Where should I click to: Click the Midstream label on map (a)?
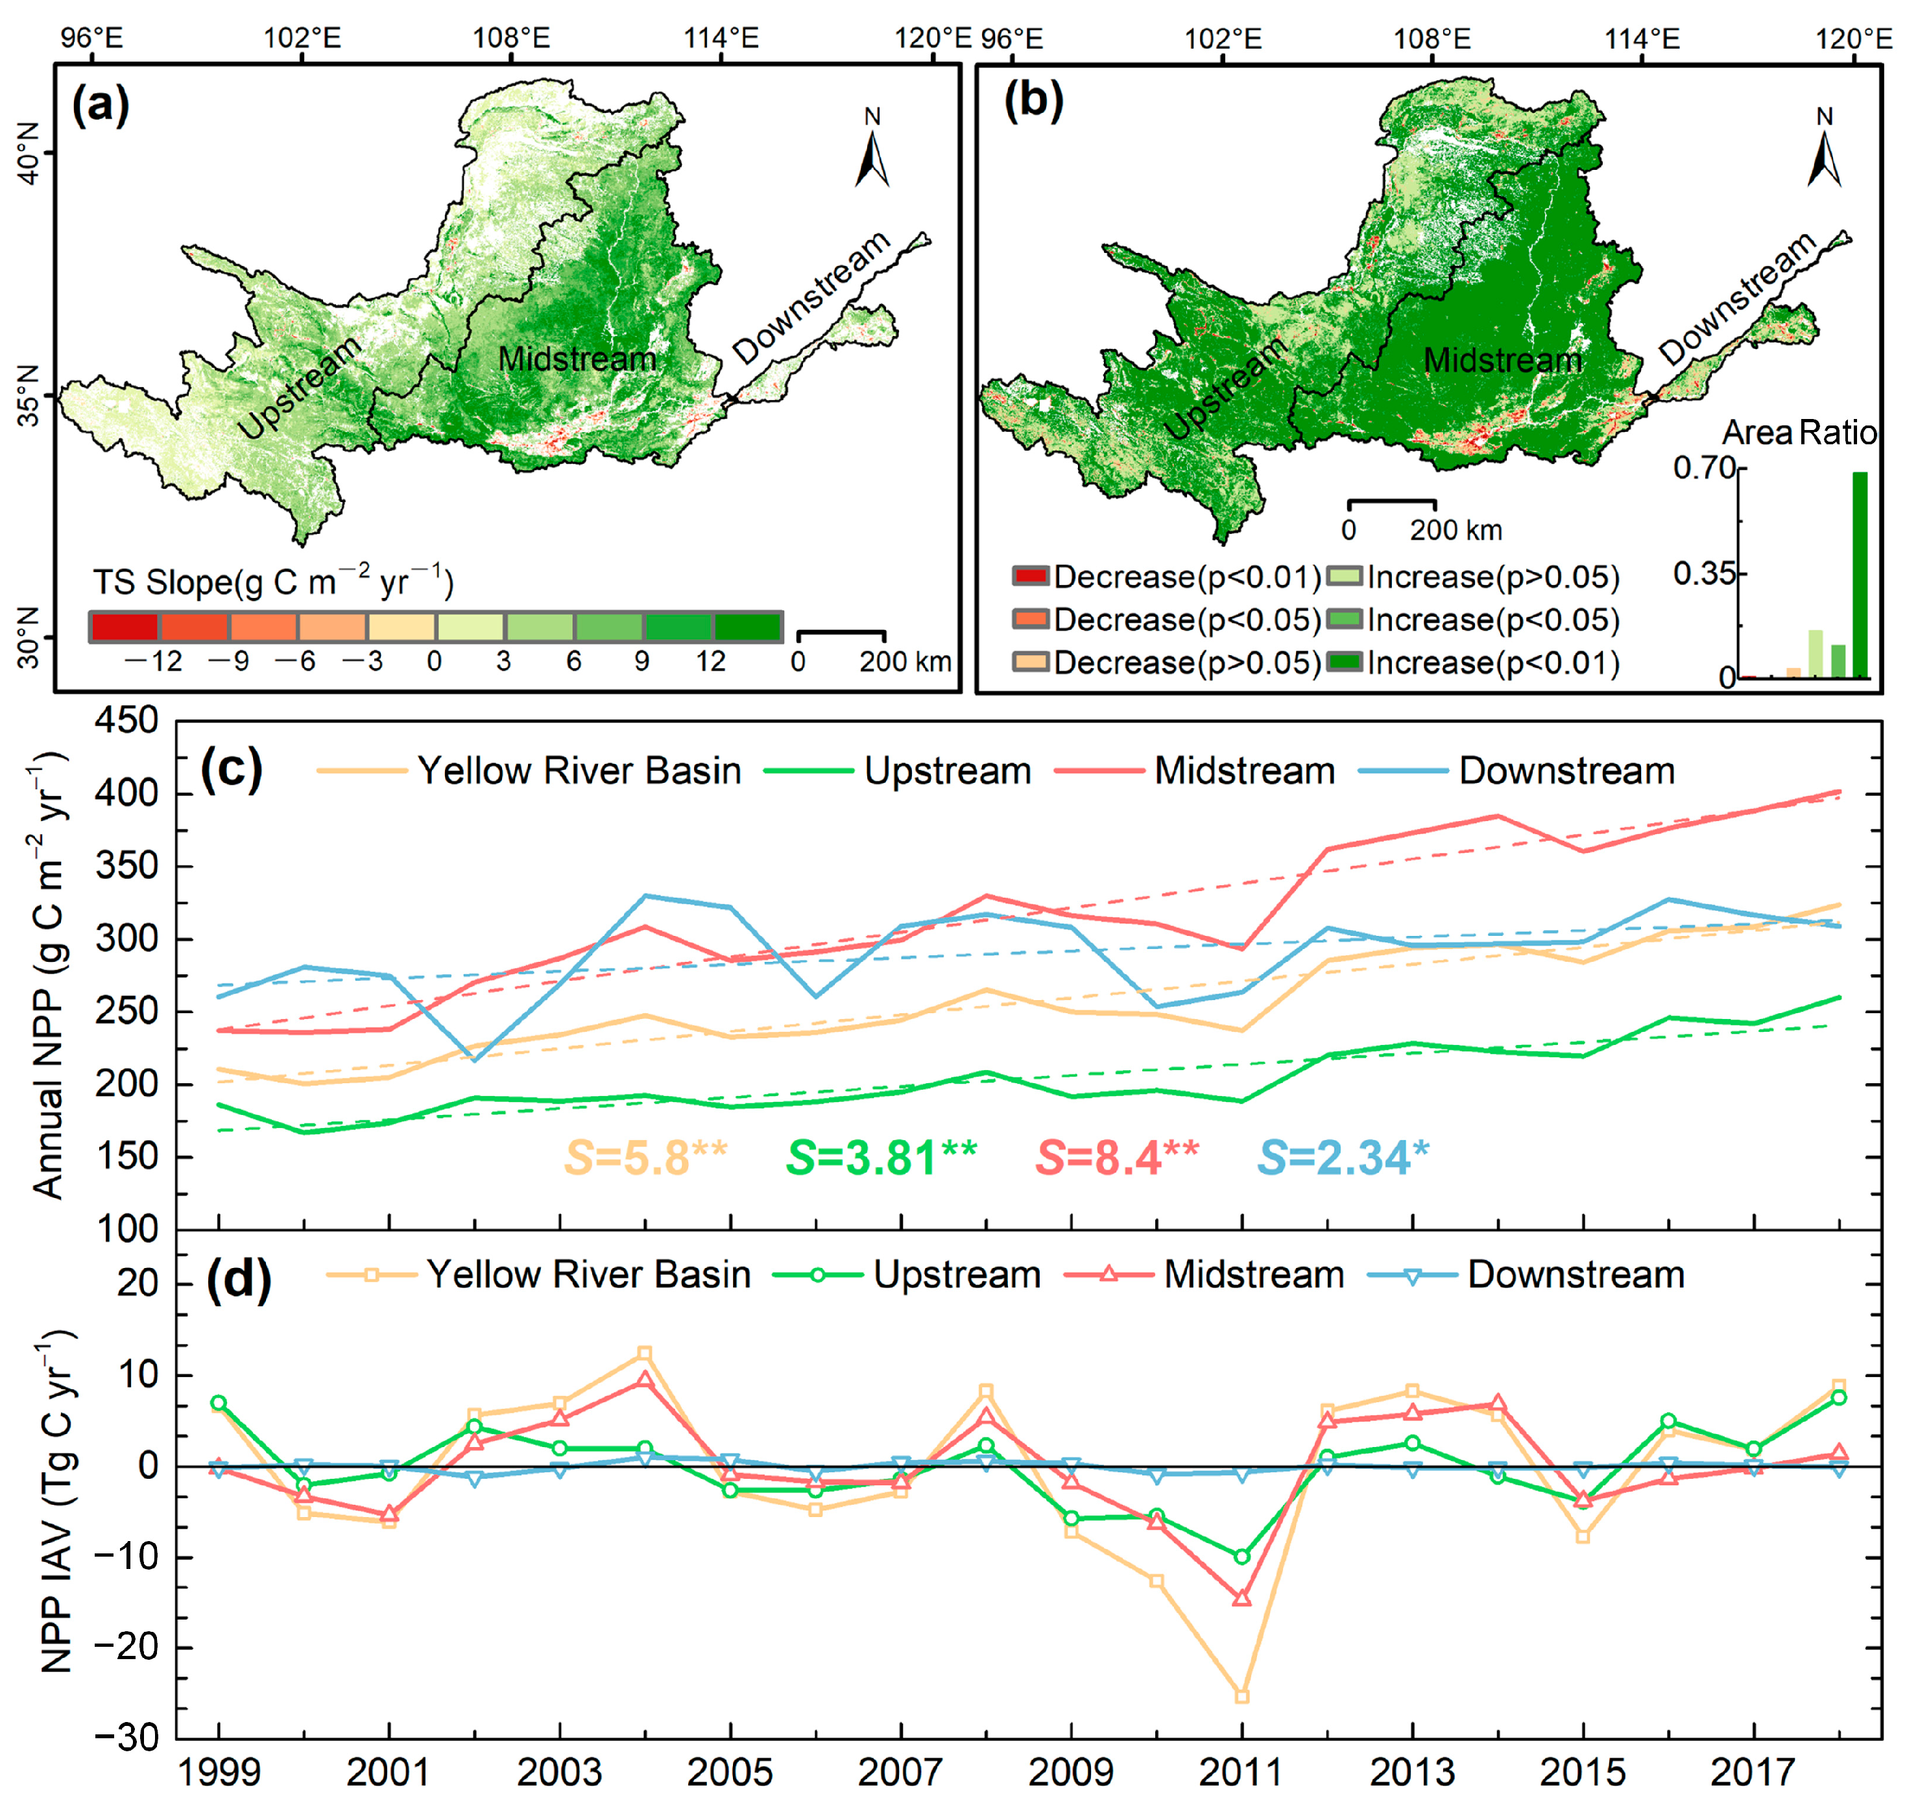(x=576, y=359)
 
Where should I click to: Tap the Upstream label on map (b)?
(x=1225, y=388)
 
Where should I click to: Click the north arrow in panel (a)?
(x=872, y=154)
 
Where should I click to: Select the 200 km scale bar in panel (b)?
(x=1391, y=503)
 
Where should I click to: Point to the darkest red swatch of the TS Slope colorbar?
(x=125, y=627)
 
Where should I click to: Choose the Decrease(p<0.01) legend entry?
(x=1168, y=577)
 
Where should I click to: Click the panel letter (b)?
(x=1033, y=101)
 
